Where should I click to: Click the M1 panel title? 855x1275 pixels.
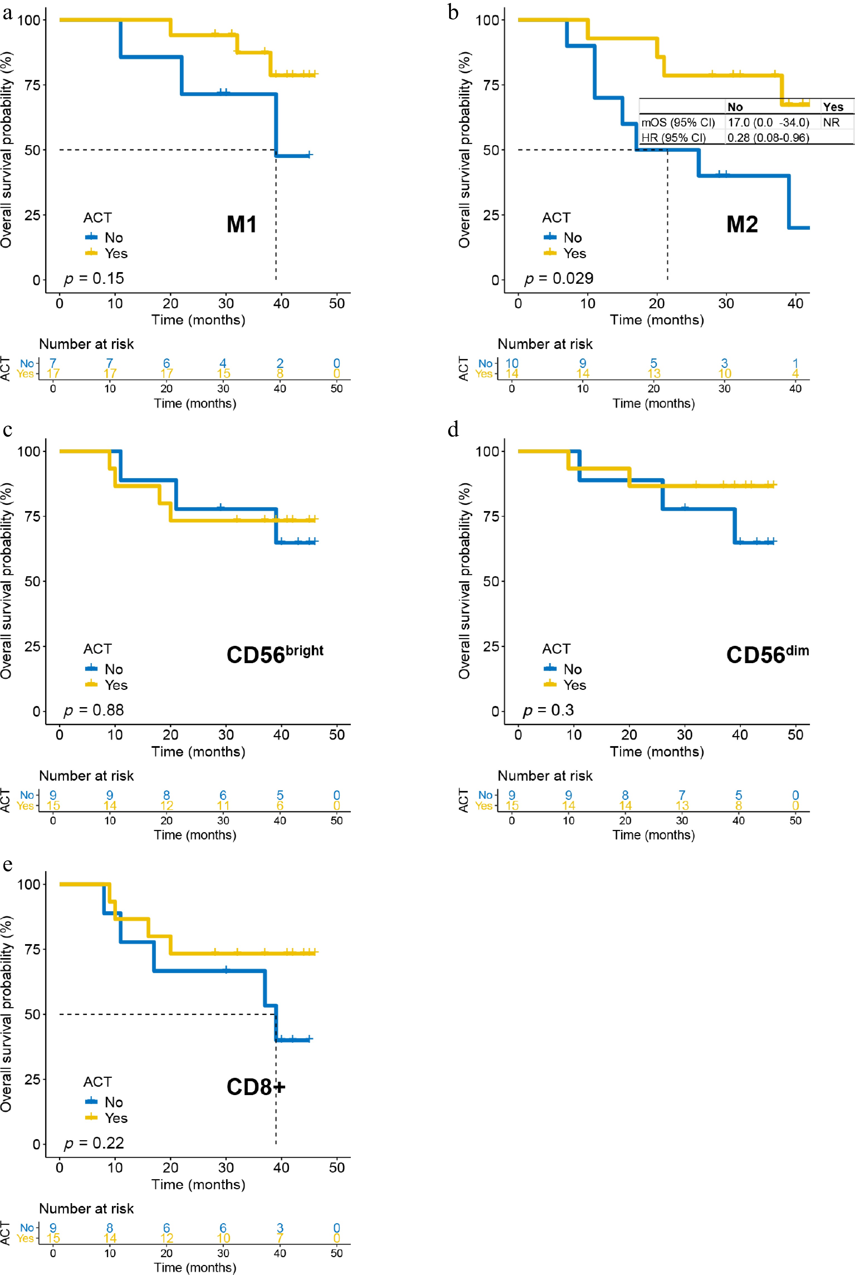[x=242, y=224]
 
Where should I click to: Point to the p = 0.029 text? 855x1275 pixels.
[x=558, y=279]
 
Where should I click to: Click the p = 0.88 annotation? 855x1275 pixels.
[x=94, y=710]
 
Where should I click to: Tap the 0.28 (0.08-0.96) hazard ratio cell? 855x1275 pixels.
[x=768, y=137]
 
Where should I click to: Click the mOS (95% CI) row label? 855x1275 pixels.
[x=678, y=122]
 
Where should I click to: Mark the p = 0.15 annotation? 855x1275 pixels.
[x=94, y=279]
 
